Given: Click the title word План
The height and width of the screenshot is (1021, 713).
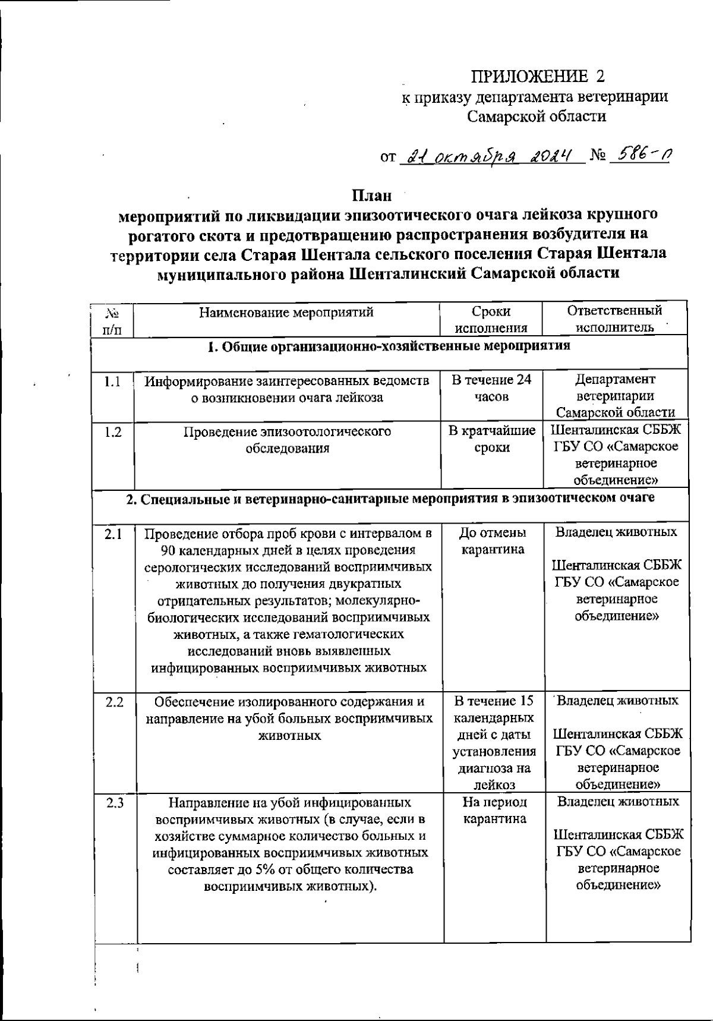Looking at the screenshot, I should click(x=371, y=195).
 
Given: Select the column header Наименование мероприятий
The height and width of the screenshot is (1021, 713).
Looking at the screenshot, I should click(x=286, y=311).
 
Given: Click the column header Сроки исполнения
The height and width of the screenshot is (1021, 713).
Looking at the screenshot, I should click(x=491, y=319).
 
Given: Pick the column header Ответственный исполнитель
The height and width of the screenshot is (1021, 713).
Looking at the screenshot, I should click(x=615, y=319).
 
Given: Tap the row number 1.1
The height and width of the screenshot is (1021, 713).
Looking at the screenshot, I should click(x=112, y=382).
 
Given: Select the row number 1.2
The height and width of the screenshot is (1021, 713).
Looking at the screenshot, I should click(x=112, y=432).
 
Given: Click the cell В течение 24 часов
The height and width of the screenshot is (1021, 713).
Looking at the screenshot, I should click(x=491, y=389).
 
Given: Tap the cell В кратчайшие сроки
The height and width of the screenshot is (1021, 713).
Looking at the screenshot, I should click(x=491, y=439).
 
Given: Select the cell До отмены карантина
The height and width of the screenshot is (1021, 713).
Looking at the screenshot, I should click(x=493, y=540).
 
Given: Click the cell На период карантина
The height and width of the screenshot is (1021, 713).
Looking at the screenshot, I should click(x=494, y=811).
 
